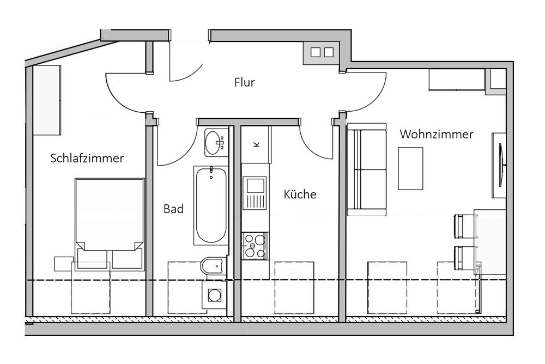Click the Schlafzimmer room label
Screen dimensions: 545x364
pyautogui.click(x=87, y=158)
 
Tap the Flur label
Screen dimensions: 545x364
pyautogui.click(x=245, y=82)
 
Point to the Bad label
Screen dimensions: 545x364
pyautogui.click(x=173, y=209)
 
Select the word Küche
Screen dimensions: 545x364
pyautogui.click(x=300, y=194)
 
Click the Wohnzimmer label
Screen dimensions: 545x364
pyautogui.click(x=437, y=134)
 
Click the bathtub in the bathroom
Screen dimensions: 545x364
pyautogui.click(x=211, y=205)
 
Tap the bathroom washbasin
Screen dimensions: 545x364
pyautogui.click(x=215, y=143)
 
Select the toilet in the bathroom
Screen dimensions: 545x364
pyautogui.click(x=212, y=266)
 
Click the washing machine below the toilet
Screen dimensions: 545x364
pyautogui.click(x=214, y=295)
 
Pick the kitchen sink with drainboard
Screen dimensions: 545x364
pyautogui.click(x=255, y=193)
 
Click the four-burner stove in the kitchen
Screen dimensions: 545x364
pyautogui.click(x=255, y=246)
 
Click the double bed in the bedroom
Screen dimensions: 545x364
pyautogui.click(x=110, y=225)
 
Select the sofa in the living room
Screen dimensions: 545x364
pyautogui.click(x=367, y=169)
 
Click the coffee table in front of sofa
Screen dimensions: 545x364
pyautogui.click(x=410, y=168)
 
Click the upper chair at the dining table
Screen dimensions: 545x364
pyautogui.click(x=464, y=226)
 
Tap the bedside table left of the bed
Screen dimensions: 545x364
pyautogui.click(x=64, y=264)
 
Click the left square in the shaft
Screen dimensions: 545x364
pyautogui.click(x=315, y=52)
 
